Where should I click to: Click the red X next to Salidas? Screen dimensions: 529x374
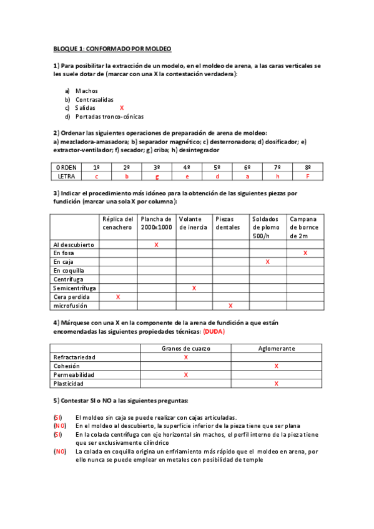(122, 108)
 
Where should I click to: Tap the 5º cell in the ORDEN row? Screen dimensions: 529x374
(217, 168)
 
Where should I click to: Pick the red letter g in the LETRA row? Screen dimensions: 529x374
(157, 177)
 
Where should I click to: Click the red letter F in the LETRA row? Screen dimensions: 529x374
(307, 177)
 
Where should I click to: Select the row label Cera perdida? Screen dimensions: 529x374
(71, 298)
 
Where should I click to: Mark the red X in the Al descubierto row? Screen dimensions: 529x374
(156, 245)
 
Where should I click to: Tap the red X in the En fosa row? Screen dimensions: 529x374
(305, 253)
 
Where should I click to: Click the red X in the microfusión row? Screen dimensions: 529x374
(230, 306)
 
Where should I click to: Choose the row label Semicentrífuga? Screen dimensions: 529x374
(74, 288)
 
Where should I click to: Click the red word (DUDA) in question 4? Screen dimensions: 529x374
(213, 332)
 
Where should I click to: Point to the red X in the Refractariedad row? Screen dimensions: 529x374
(185, 357)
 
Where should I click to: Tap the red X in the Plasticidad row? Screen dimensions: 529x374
(276, 384)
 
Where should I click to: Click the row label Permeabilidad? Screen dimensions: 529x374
(74, 375)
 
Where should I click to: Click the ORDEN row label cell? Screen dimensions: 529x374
(66, 168)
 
